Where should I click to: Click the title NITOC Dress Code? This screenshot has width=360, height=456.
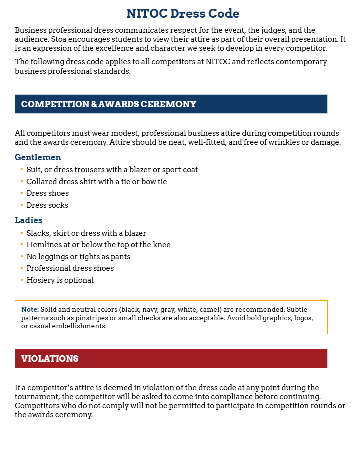click(x=183, y=13)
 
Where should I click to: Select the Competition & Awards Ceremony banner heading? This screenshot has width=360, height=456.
click(x=108, y=104)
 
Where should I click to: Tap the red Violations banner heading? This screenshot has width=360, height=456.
click(x=50, y=359)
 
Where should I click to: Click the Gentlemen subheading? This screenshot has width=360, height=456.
click(x=38, y=157)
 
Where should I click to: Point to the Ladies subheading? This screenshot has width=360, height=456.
click(x=29, y=220)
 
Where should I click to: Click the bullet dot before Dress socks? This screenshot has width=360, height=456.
click(x=22, y=205)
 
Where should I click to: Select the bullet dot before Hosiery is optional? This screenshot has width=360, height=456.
click(x=22, y=280)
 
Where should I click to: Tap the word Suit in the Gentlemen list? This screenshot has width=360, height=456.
click(x=34, y=170)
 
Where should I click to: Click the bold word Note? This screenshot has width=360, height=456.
click(x=30, y=309)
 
